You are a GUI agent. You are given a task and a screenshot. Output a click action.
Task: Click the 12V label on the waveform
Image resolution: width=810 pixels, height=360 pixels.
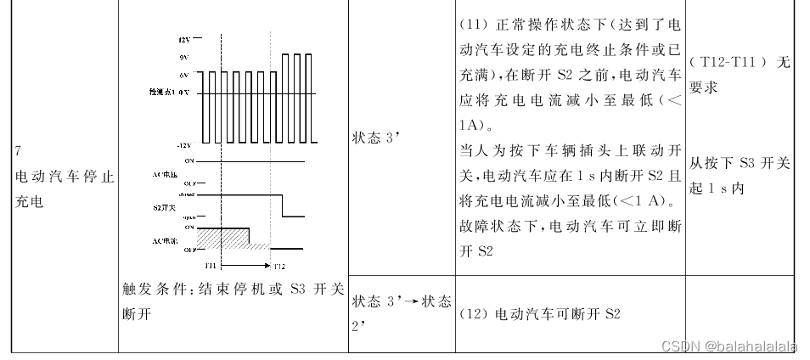184,40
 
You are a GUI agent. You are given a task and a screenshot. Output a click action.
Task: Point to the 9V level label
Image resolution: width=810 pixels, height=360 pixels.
184,58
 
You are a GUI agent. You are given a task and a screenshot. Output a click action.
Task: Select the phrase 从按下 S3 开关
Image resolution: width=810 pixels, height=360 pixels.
739,163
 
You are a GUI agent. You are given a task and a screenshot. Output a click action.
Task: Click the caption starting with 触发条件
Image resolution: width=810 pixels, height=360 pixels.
232,301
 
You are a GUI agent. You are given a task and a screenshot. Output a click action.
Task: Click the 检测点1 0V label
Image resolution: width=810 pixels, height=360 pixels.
168,91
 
